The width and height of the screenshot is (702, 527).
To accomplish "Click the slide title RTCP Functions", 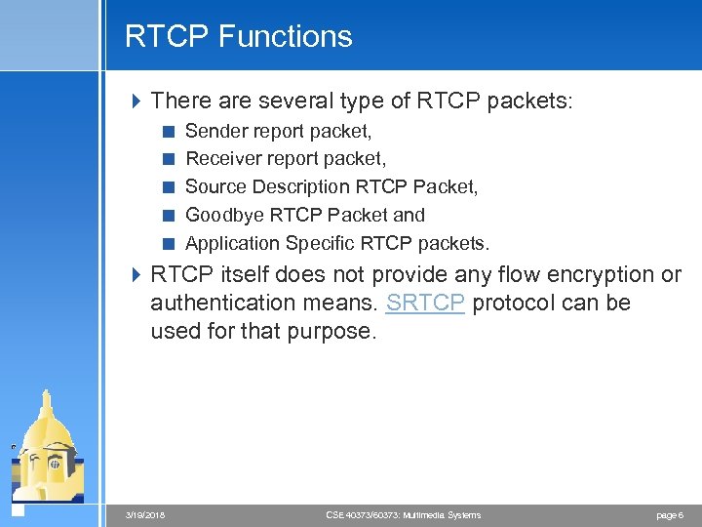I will (x=238, y=37).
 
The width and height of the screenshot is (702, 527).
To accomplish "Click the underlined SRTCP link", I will (x=425, y=303).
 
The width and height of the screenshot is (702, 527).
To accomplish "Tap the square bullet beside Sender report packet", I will (x=169, y=131).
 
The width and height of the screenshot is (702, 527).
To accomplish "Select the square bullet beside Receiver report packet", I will (x=169, y=158).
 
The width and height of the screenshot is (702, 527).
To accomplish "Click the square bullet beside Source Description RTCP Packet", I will (x=169, y=186).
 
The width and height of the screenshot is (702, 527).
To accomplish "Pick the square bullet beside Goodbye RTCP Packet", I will (x=169, y=215).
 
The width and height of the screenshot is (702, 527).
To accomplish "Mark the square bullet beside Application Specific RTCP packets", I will (x=169, y=243).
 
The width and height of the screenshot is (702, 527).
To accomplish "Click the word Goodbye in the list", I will (x=223, y=215).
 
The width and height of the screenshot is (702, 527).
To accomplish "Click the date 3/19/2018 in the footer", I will (x=147, y=515).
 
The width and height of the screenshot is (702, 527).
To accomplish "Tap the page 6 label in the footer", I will (x=670, y=515).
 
